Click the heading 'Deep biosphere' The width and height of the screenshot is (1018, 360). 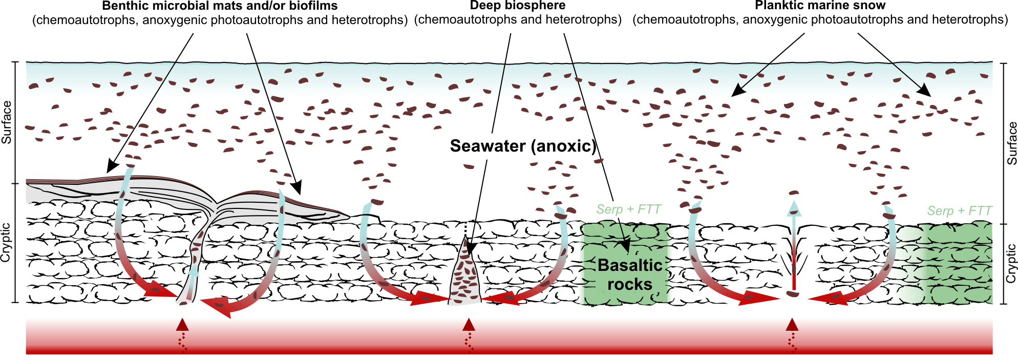[518, 6]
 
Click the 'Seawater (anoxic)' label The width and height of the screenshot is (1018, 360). [523, 146]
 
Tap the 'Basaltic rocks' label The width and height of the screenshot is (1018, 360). [630, 274]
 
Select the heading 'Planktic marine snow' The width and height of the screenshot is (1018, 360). [820, 6]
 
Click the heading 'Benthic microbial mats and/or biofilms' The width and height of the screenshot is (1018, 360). [220, 6]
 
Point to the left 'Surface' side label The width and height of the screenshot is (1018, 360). [7, 122]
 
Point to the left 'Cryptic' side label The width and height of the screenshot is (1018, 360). [6, 242]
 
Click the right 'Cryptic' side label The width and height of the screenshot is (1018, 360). [1011, 263]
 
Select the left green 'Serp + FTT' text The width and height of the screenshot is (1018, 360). [628, 209]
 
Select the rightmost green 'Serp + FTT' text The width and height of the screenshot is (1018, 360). [959, 211]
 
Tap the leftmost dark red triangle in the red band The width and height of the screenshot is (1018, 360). [182, 324]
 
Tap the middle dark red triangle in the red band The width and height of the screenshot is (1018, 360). [469, 324]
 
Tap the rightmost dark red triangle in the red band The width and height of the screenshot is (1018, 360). [792, 324]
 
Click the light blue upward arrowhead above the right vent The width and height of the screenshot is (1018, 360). [794, 207]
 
